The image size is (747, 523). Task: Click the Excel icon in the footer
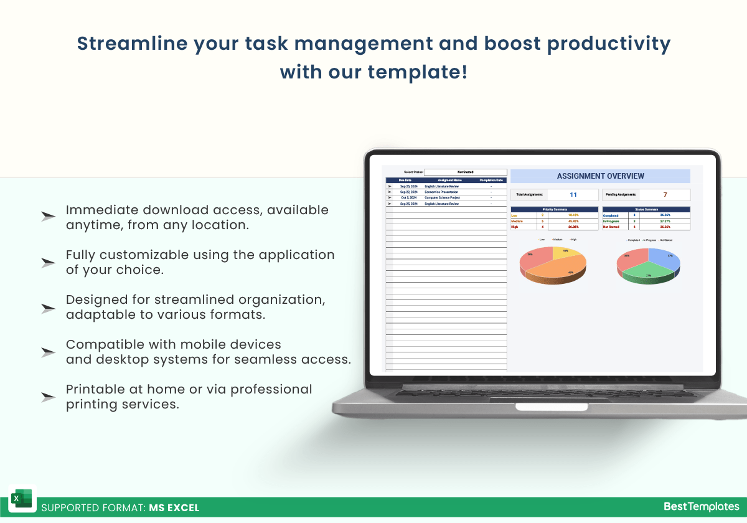tap(22, 499)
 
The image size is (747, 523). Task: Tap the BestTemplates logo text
tap(701, 507)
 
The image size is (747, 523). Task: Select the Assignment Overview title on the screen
tap(600, 176)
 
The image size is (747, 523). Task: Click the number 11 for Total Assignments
tap(573, 195)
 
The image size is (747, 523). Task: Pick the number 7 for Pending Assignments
tap(665, 195)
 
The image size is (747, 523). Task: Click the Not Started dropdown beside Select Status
tap(465, 172)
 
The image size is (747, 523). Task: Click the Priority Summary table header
tap(555, 209)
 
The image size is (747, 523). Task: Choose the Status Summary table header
tap(646, 209)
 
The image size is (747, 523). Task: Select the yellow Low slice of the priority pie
tap(566, 252)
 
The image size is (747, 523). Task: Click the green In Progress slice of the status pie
tap(647, 274)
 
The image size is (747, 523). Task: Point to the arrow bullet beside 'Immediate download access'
tap(48, 217)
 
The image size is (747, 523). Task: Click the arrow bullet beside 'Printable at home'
tap(48, 397)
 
